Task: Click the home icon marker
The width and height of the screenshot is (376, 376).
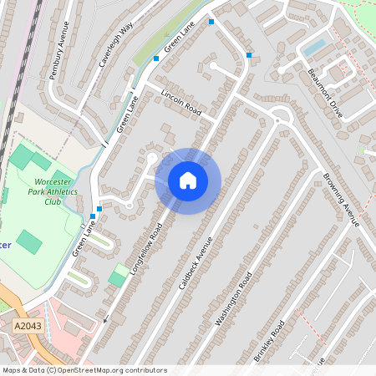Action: point(188,180)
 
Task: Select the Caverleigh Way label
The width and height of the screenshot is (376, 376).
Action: point(115,45)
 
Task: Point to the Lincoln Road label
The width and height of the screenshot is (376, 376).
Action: point(182,101)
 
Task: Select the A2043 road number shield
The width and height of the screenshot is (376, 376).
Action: point(27,325)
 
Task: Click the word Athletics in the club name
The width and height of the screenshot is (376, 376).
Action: point(60,191)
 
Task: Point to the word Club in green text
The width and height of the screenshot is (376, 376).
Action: point(53,201)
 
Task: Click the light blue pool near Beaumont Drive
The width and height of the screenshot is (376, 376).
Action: point(314,47)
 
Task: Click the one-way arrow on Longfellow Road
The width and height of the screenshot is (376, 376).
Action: point(105,318)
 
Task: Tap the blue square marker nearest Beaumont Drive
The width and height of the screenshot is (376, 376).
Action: point(249,55)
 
